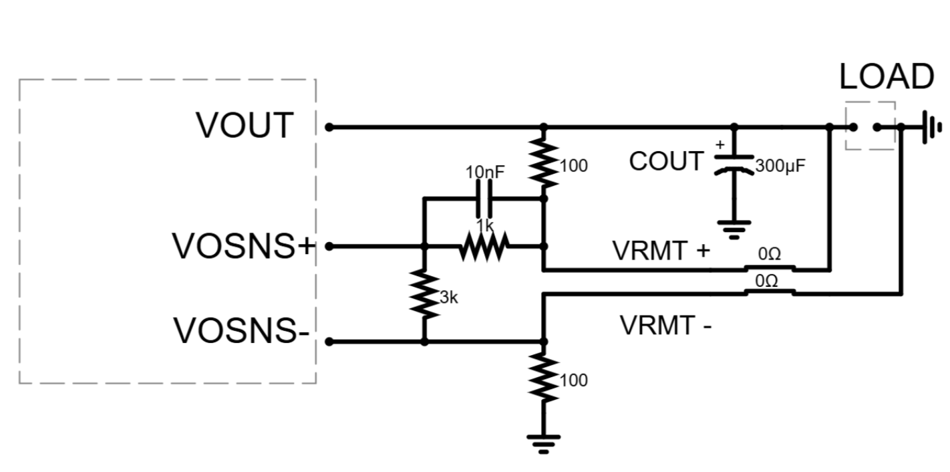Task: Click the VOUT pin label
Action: click(x=245, y=126)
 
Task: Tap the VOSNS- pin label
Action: click(x=241, y=331)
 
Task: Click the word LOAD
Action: click(x=886, y=77)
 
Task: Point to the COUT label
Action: click(x=666, y=162)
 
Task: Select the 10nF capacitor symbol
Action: click(x=485, y=199)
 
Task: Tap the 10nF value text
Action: click(x=485, y=172)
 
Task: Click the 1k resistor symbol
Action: click(x=484, y=247)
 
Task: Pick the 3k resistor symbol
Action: click(x=424, y=293)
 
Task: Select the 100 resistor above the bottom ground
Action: click(x=544, y=378)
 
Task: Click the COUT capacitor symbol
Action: click(x=734, y=164)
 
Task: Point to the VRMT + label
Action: click(x=661, y=251)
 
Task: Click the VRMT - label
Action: click(x=665, y=326)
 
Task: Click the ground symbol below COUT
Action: click(x=734, y=229)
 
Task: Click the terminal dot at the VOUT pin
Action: click(x=328, y=126)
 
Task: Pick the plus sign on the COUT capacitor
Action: click(x=720, y=144)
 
